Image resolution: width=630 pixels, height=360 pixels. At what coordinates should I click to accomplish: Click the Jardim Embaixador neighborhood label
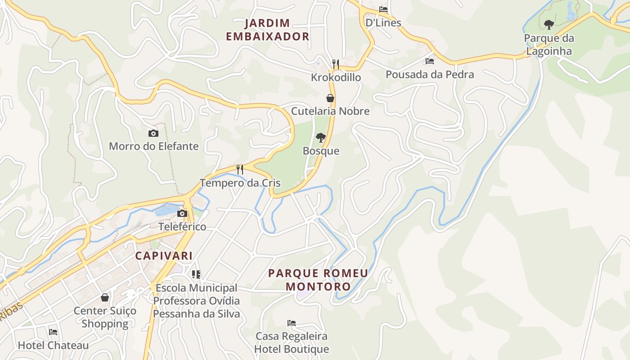coord(268,30)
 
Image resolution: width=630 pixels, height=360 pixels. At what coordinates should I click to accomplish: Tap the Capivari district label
coord(164,256)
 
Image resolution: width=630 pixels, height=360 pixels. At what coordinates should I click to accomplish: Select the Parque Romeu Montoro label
coord(318,279)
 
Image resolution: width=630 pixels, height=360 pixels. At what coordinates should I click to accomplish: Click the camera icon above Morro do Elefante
coord(153,133)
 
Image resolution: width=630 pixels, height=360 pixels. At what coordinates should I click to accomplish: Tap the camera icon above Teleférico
coord(182,213)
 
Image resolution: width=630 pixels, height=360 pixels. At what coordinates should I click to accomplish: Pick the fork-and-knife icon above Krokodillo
coord(335,64)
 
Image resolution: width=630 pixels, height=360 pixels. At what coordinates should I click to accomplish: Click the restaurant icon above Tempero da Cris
coord(240,170)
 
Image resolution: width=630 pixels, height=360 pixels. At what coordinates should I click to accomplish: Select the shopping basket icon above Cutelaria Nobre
coord(330,98)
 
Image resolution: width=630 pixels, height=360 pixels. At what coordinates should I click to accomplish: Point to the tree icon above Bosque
coord(320,138)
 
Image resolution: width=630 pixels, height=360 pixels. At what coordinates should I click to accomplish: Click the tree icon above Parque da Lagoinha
coord(549,25)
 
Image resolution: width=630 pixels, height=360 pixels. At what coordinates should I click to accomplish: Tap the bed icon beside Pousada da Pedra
coord(430,61)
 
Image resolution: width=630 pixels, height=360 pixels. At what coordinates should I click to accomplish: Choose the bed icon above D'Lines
coord(383,9)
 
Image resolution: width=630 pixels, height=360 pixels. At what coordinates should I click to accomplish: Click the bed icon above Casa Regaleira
coord(292,323)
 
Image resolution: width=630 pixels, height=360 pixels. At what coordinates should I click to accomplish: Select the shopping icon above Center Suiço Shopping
coord(105,297)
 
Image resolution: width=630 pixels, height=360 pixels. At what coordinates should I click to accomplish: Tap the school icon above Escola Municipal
coord(196,274)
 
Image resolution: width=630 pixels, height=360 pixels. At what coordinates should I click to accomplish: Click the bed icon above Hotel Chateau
coord(53,332)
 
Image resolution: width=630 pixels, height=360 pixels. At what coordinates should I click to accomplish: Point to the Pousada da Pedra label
coord(430,74)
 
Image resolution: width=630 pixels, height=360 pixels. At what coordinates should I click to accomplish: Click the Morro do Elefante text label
coord(153,146)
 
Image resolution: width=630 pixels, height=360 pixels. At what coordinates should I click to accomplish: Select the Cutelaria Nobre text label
coord(330,111)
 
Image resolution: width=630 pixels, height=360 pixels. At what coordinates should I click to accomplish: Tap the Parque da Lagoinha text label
coord(549,45)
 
